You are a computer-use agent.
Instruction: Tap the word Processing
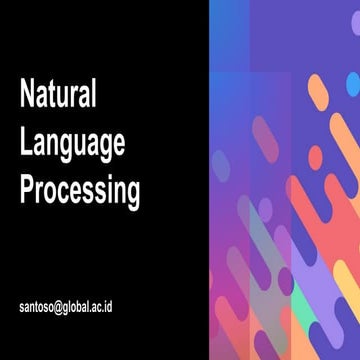click(x=80, y=190)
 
